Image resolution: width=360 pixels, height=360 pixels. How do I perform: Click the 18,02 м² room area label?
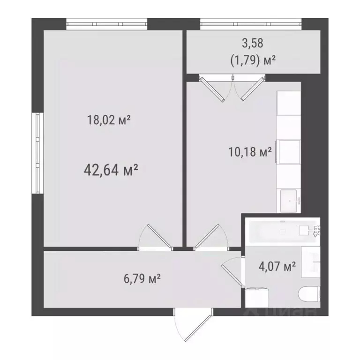click(x=108, y=120)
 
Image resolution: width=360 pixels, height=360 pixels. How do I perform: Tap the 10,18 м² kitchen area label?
click(x=249, y=152)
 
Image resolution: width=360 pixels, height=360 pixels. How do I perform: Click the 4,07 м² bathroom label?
click(x=277, y=267)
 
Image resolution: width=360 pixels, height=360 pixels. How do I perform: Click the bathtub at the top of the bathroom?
click(x=281, y=231)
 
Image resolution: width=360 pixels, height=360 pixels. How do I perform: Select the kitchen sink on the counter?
click(x=289, y=201)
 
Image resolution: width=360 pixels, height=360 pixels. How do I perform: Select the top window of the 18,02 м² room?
click(x=106, y=23)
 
